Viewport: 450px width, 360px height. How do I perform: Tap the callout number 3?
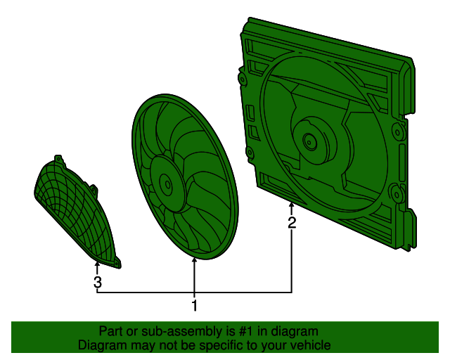pos(98,283)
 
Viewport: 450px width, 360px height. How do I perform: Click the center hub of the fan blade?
pos(167,184)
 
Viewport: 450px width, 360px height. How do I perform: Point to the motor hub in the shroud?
pos(309,141)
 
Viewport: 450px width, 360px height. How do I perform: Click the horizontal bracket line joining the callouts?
pos(194,292)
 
